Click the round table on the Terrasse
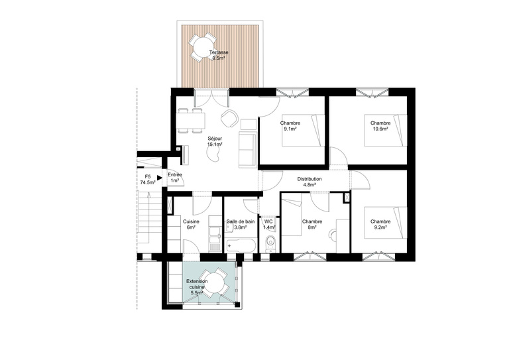199,46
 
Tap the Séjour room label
213,138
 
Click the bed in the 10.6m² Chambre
395,130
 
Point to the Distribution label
310,179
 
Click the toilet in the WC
269,245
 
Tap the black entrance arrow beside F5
160,177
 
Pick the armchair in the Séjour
229,118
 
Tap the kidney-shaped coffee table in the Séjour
217,154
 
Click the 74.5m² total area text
147,182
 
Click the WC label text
268,221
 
